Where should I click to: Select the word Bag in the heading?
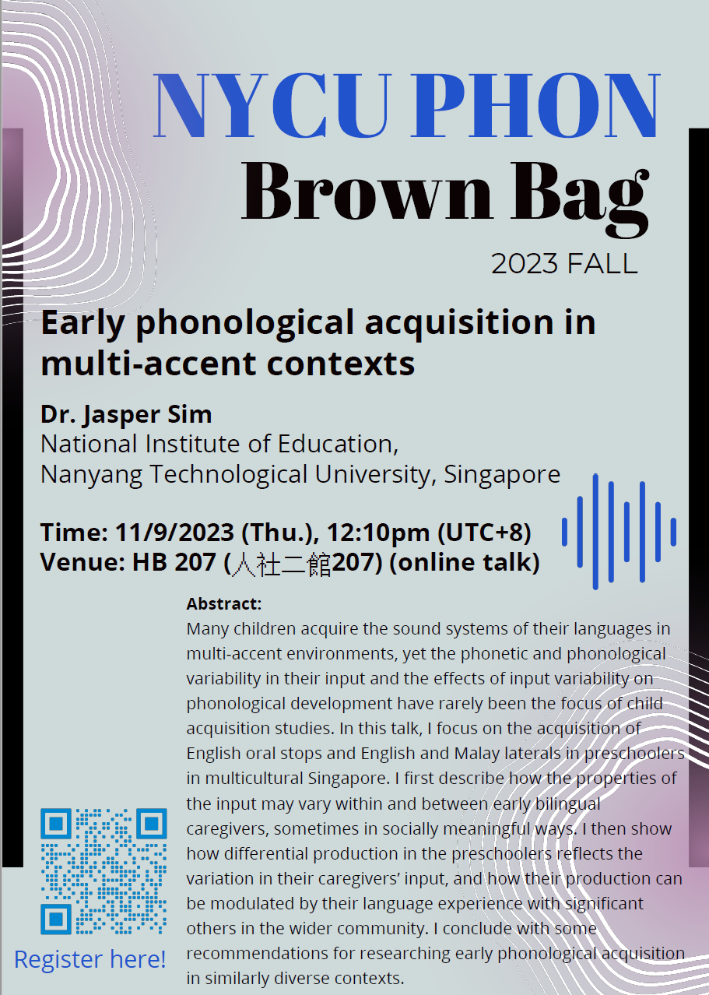[580, 199]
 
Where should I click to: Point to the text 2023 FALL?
[564, 264]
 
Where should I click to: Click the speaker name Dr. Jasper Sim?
[126, 415]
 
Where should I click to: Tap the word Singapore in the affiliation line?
[502, 475]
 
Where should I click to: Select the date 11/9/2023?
[174, 533]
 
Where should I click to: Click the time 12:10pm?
[378, 533]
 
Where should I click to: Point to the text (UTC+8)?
[484, 533]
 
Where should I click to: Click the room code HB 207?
[174, 562]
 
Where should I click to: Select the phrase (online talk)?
[465, 562]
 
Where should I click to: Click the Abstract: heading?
[224, 603]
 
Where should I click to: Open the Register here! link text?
[90, 959]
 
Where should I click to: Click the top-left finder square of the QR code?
[56, 824]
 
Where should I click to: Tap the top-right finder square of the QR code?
[152, 824]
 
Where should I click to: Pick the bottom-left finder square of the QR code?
[56, 919]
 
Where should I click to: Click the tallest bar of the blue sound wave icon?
[595, 532]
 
